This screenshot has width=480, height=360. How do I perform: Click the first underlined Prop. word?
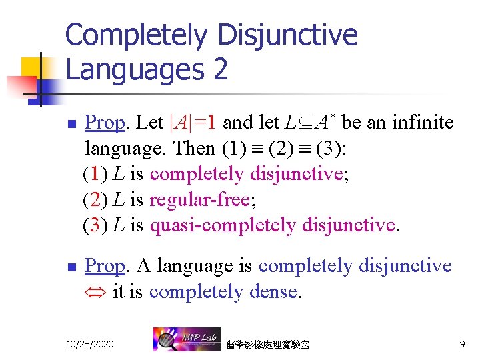[106, 123]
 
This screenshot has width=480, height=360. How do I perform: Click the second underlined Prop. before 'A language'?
[106, 266]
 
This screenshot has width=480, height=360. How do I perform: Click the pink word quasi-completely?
[223, 225]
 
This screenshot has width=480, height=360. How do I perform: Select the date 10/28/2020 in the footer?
[90, 343]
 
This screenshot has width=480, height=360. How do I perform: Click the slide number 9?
[462, 343]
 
